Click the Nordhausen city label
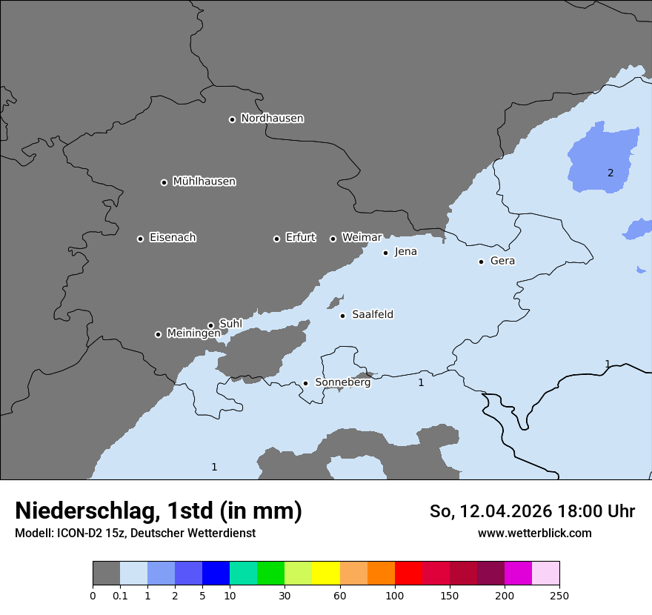pos(272,119)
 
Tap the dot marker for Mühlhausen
pos(164,182)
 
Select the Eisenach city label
pos(173,238)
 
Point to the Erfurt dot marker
pos(276,239)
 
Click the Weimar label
pos(362,238)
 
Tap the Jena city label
pos(405,252)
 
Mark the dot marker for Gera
pos(481,262)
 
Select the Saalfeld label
pos(372,315)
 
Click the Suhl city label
pos(230,324)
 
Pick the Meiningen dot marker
pos(158,334)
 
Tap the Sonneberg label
pos(342,382)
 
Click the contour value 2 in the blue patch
pos(611,173)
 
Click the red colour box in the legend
pos(408,574)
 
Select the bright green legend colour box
pos(270,574)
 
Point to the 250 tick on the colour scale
pos(559,596)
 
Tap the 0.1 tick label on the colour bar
pos(120,596)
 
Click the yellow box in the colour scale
pos(326,574)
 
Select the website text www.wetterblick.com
pos(534,533)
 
